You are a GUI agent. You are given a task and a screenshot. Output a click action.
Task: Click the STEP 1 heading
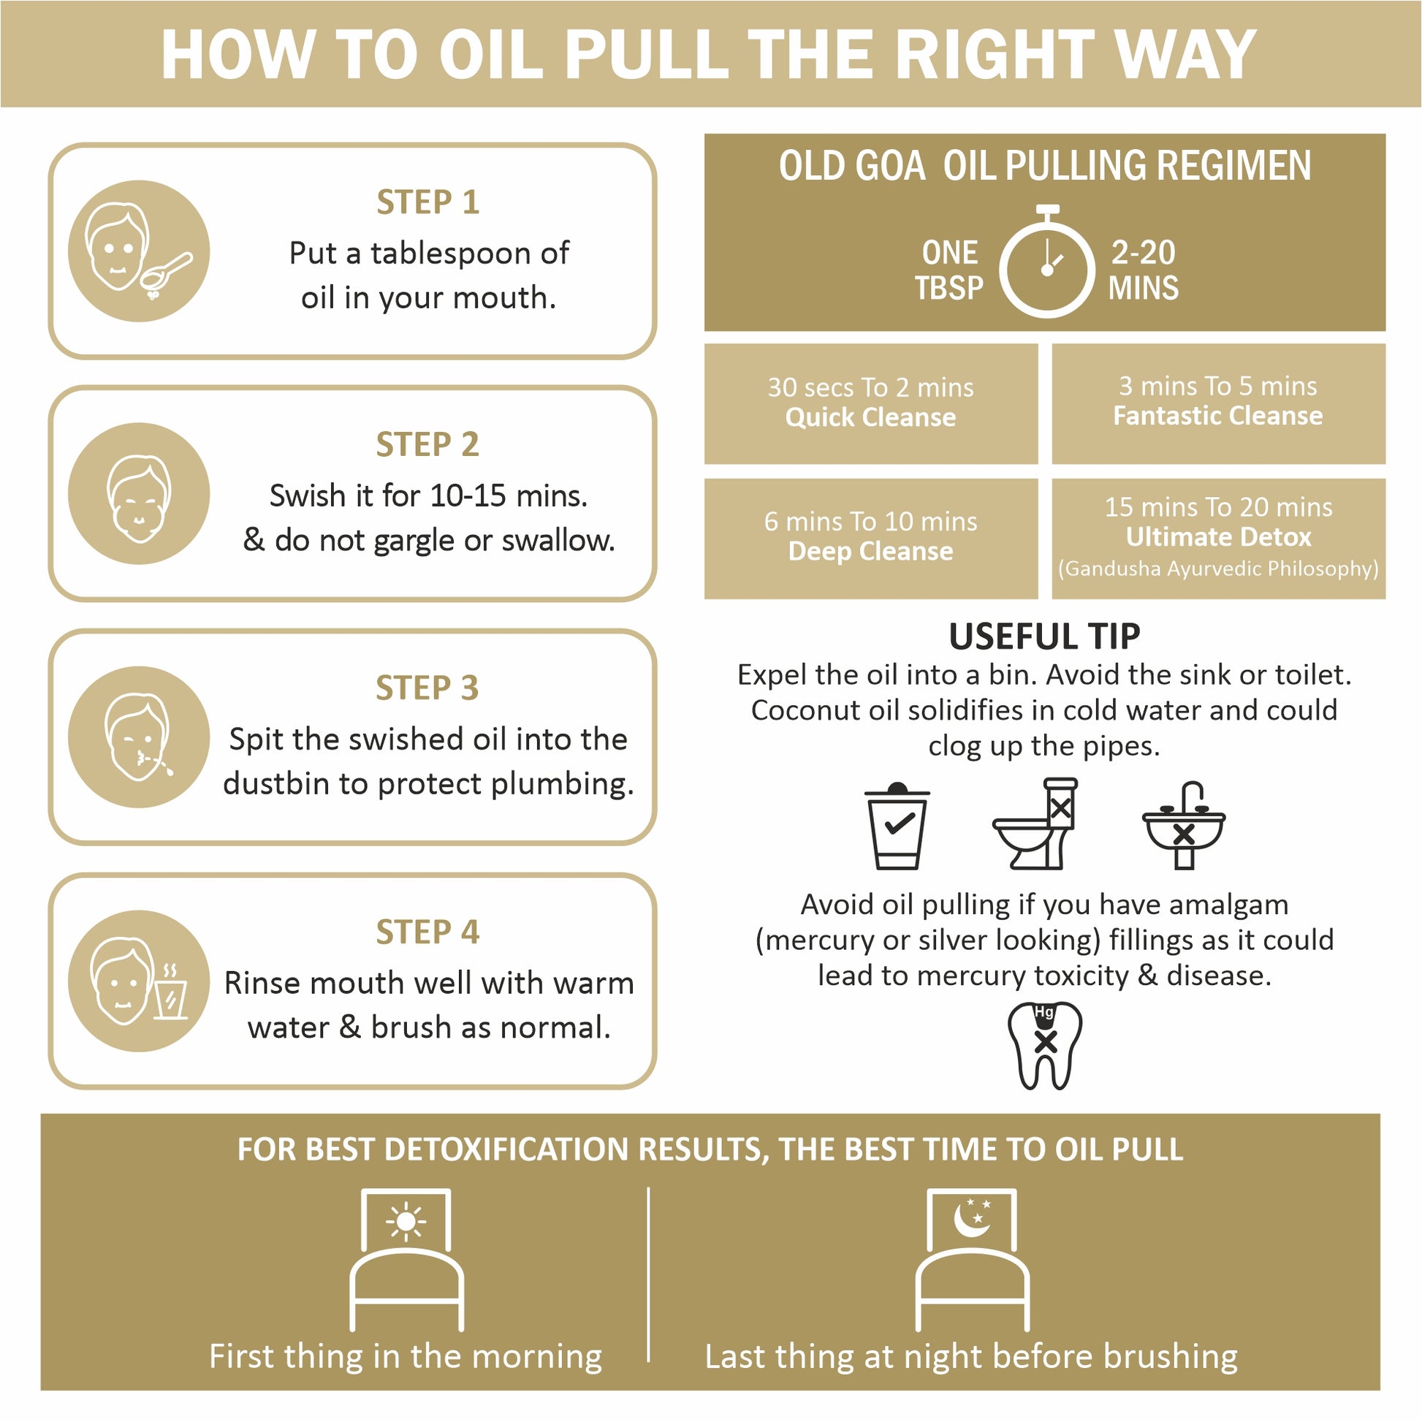[427, 202]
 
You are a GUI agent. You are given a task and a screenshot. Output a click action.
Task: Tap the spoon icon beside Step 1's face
[166, 273]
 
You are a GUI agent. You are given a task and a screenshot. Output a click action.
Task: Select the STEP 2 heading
[427, 444]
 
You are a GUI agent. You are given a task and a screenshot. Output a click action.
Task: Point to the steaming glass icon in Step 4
[171, 991]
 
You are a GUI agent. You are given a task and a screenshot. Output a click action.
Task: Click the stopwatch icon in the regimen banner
[1046, 262]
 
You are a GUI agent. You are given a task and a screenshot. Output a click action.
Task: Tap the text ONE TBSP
[949, 270]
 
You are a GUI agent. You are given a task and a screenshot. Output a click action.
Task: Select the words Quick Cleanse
[871, 417]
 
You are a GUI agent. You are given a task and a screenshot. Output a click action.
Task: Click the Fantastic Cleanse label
[1218, 416]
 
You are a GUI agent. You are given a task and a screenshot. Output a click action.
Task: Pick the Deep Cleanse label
[871, 551]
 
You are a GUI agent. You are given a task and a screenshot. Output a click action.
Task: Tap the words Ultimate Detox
[1219, 537]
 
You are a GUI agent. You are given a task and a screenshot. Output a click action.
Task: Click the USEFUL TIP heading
[1044, 636]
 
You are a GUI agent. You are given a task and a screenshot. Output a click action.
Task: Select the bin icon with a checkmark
[897, 826]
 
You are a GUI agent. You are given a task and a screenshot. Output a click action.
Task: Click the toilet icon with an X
[1035, 824]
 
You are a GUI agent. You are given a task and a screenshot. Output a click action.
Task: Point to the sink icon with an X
[1184, 825]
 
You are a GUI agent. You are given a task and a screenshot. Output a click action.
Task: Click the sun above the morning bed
[406, 1223]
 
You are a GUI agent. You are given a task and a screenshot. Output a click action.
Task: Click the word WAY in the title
[1185, 55]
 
